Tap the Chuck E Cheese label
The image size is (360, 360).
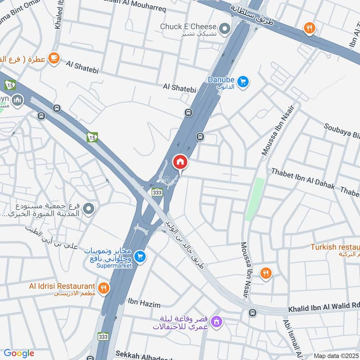188,27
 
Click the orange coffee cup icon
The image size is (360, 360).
54,58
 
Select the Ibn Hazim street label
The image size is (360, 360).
144,305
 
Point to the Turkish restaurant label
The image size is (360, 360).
336,247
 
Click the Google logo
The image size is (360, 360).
18,353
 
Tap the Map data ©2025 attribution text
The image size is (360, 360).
336,355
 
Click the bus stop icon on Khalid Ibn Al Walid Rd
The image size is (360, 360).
253,312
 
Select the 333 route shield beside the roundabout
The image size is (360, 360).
157,192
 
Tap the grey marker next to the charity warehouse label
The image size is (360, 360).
89,209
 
